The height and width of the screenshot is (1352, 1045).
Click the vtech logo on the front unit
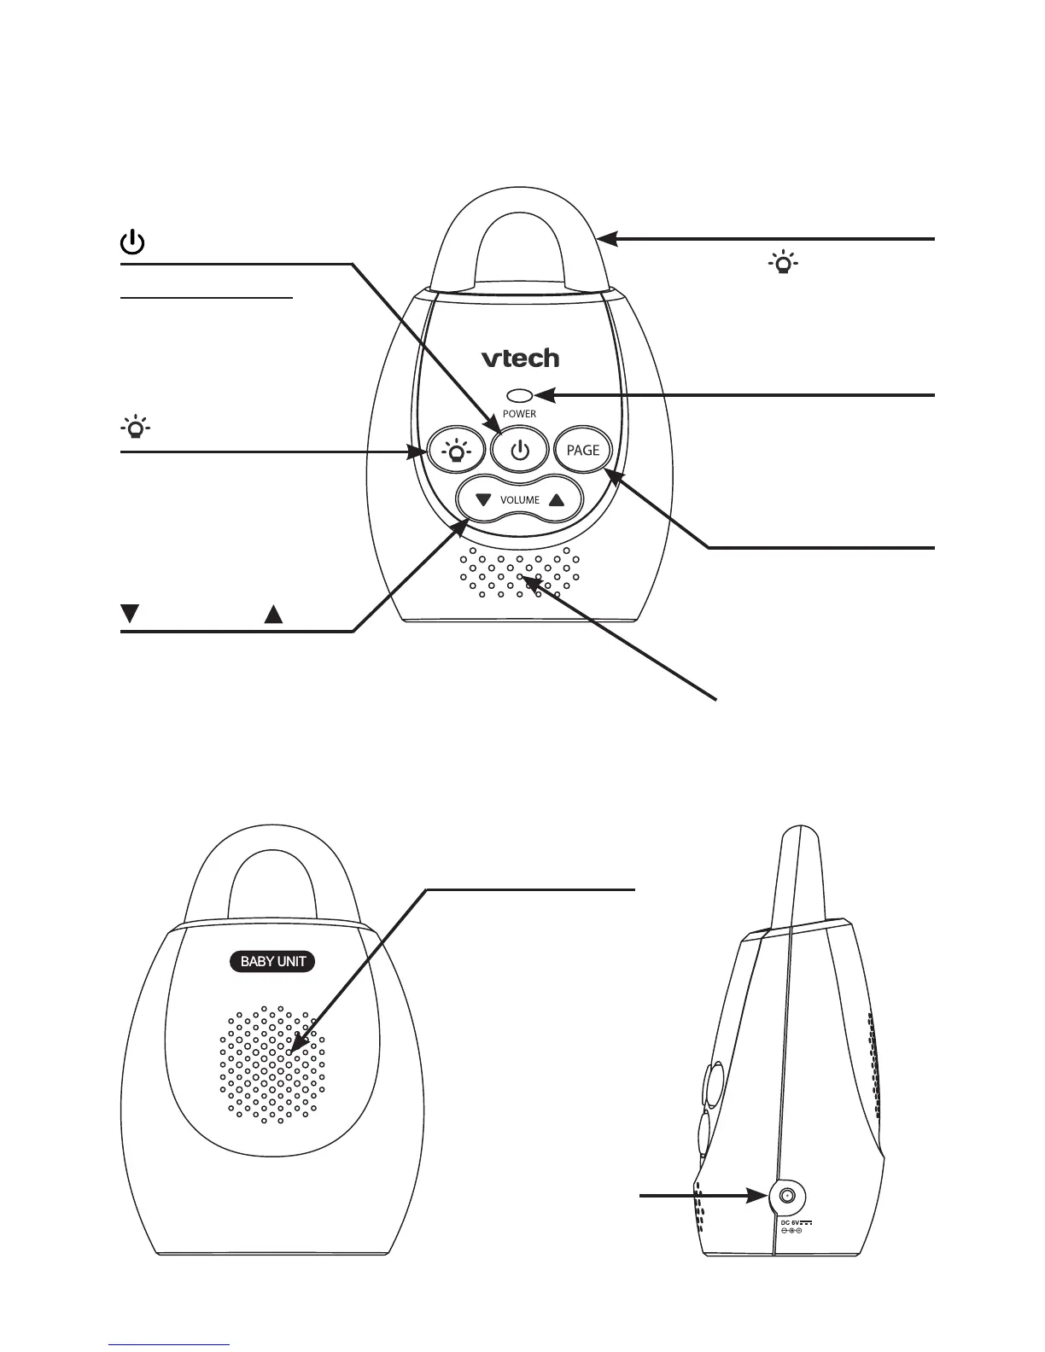point(520,358)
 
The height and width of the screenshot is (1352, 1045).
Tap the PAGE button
point(584,450)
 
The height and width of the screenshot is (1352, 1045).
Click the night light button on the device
point(458,451)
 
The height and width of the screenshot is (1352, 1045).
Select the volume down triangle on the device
point(483,499)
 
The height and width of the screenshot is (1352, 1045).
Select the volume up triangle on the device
point(557,499)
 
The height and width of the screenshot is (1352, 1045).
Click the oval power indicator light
point(519,395)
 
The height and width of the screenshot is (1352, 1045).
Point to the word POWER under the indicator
point(519,414)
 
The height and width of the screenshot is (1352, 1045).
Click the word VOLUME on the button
point(519,500)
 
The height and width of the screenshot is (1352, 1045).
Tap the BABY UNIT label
point(273,962)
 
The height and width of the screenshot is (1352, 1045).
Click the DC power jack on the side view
point(787,1197)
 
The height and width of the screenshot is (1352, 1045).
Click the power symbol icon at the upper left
point(131,243)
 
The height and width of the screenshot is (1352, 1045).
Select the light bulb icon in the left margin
point(135,428)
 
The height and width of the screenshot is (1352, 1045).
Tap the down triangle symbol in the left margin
point(130,613)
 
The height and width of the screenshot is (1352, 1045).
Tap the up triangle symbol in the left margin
point(273,613)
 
